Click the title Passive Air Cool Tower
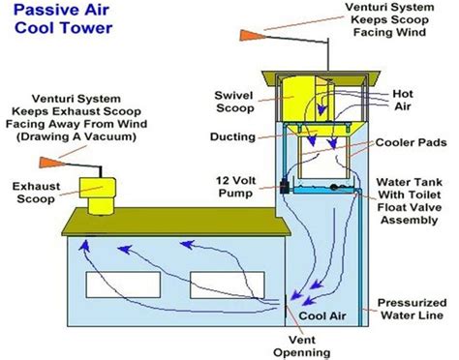(x=63, y=19)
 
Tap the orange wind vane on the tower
(x=252, y=35)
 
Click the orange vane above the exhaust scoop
(x=51, y=163)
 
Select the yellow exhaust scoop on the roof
(x=98, y=195)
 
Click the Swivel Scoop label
(x=234, y=102)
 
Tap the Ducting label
(x=232, y=136)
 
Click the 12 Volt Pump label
(x=236, y=187)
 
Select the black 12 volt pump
(x=285, y=187)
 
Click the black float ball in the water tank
(x=334, y=187)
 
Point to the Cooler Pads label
(x=411, y=142)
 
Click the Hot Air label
(x=403, y=100)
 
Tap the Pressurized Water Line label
(x=413, y=309)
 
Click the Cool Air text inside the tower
(x=322, y=315)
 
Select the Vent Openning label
(x=301, y=346)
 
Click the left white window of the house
(x=123, y=285)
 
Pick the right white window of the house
(x=228, y=285)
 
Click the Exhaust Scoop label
(x=36, y=193)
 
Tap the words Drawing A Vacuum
(x=76, y=136)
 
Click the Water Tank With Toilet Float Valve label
(x=409, y=201)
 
